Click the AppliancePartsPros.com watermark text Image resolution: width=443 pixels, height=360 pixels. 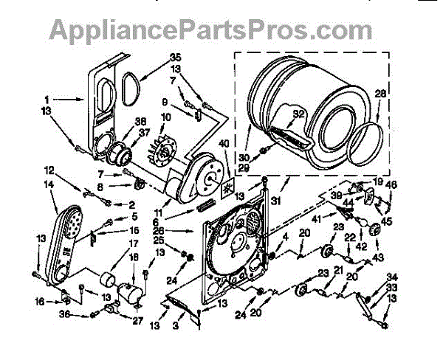[x=210, y=30]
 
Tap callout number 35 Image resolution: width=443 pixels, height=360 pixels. [x=175, y=57]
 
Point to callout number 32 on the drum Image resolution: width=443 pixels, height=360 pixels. [x=298, y=113]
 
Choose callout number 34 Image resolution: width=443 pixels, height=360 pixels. [x=391, y=277]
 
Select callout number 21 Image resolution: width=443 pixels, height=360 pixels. [x=338, y=270]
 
